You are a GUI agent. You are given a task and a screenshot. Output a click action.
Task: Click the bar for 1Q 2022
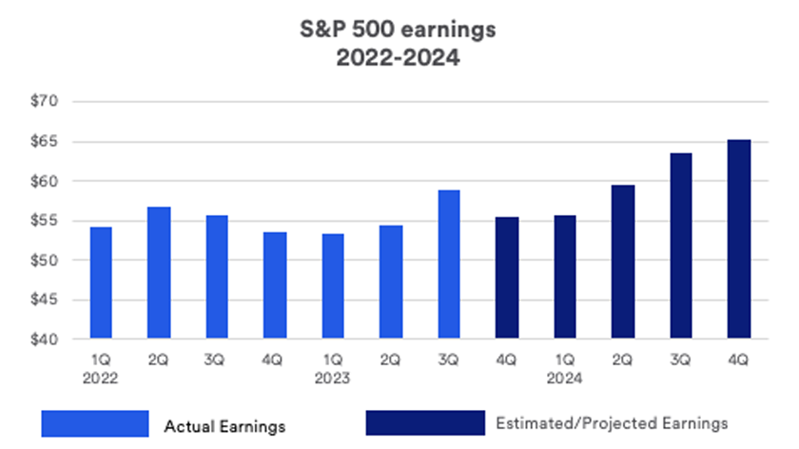(x=101, y=283)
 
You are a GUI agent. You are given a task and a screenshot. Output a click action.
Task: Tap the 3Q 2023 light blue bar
(x=449, y=264)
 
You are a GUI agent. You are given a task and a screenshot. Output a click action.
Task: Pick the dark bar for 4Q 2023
(x=507, y=278)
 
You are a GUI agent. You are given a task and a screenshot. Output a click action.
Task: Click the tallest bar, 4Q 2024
(x=739, y=239)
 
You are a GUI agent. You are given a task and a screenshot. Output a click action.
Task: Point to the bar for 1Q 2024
(x=565, y=277)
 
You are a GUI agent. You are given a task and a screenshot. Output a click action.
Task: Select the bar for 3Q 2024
(x=681, y=245)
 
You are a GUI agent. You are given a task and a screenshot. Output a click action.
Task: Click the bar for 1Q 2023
(x=333, y=286)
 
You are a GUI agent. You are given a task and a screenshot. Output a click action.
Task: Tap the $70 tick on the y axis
(x=46, y=102)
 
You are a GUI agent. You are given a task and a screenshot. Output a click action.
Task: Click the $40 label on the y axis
(x=46, y=340)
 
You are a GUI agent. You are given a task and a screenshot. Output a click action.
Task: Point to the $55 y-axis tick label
(x=46, y=221)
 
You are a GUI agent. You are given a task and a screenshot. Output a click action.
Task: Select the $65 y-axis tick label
(x=46, y=142)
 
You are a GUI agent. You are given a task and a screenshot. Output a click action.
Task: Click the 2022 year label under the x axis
(x=101, y=378)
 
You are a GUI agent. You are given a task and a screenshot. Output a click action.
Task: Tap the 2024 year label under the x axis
(x=565, y=378)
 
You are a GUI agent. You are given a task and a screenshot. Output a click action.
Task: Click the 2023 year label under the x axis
(x=333, y=378)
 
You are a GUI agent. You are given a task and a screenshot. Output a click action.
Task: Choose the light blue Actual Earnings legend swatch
(x=94, y=423)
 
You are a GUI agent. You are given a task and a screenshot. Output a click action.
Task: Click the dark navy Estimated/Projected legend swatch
(x=424, y=423)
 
